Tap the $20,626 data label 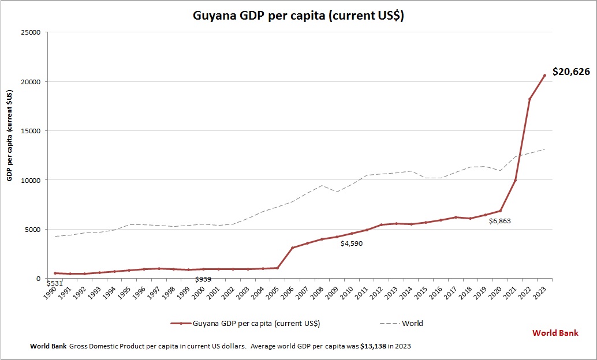(x=571, y=72)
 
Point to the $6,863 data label (x=499, y=221)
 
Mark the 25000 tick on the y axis (x=31, y=32)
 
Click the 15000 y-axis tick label (x=31, y=131)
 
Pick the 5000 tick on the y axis (x=32, y=230)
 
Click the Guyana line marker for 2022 (x=530, y=99)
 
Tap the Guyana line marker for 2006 (x=293, y=248)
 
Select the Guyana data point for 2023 (x=544, y=75)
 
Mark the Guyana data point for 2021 (x=515, y=181)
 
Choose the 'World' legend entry (x=412, y=324)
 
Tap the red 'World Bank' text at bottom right (x=555, y=333)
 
